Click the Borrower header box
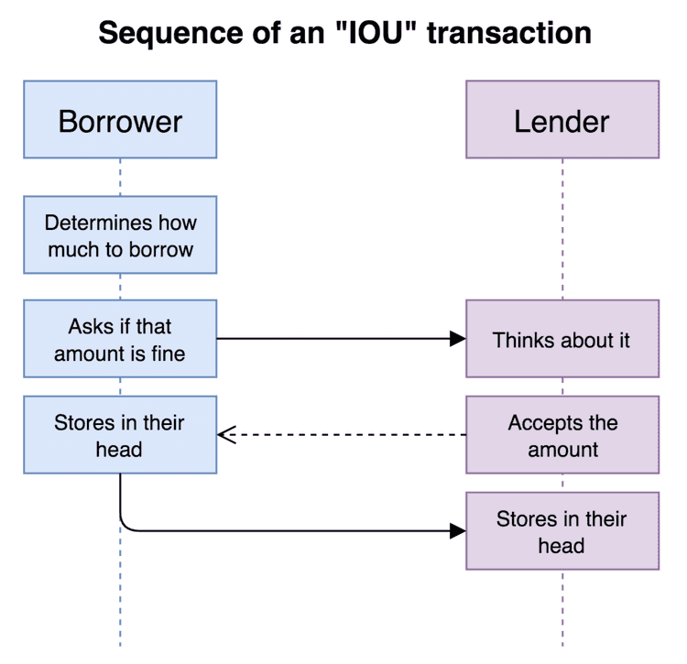(x=120, y=120)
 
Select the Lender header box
(x=562, y=120)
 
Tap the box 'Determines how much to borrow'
(x=120, y=234)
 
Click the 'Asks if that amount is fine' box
(x=120, y=339)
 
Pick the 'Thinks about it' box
(x=562, y=339)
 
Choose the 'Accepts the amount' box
(x=562, y=435)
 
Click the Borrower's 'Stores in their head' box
(x=120, y=435)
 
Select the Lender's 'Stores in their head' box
(x=562, y=531)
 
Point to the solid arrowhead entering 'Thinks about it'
(x=458, y=339)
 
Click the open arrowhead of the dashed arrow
(x=226, y=435)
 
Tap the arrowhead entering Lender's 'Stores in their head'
(x=458, y=530)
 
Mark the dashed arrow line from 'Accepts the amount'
(x=348, y=435)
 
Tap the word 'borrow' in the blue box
(x=160, y=248)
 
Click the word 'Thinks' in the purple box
(x=521, y=340)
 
